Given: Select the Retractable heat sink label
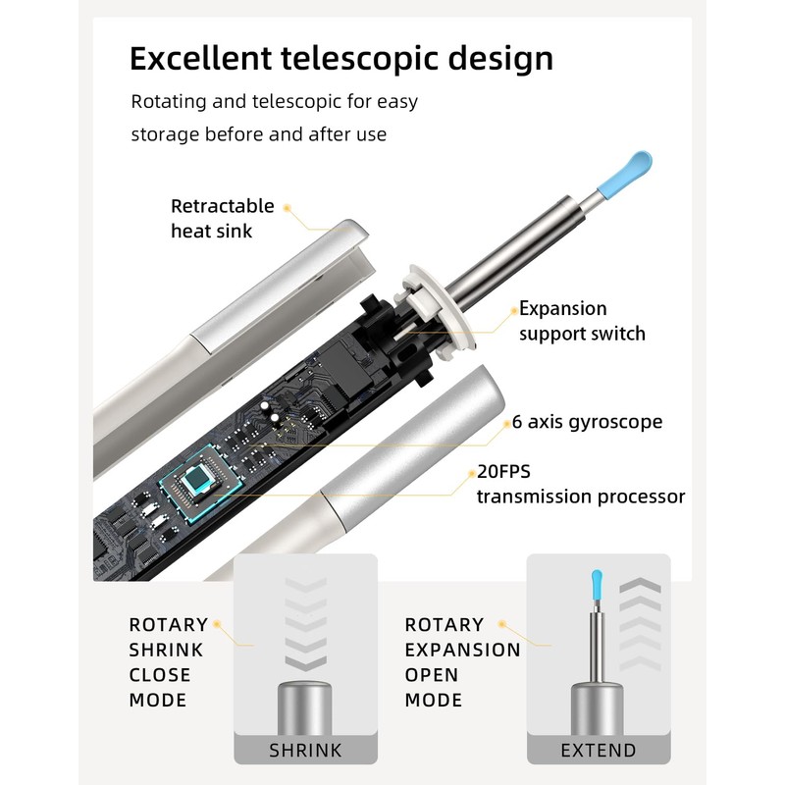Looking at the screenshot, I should coord(222,219).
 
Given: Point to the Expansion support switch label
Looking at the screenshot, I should coord(582,321).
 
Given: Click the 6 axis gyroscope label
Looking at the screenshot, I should coord(587,422).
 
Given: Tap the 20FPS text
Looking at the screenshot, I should coord(509,471).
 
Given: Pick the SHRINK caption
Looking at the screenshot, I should coord(305,751).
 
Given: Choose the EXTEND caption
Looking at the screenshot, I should coord(599,751).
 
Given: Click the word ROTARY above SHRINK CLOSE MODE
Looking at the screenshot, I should coord(169,624).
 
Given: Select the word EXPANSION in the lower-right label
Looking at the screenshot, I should coord(463,650).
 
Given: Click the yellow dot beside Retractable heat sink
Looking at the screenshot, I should coord(288,208).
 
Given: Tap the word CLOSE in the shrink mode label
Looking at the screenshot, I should coord(160,675).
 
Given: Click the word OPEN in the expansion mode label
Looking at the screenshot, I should coord(432,675).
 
